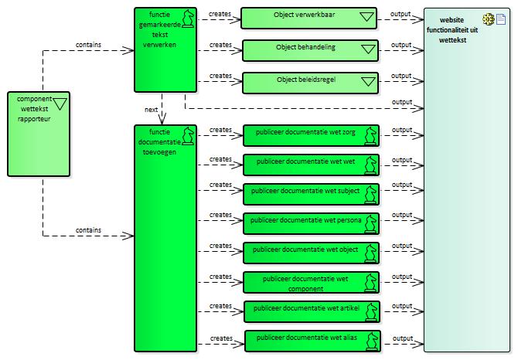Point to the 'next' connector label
pos(152,110)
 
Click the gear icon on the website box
pos(488,19)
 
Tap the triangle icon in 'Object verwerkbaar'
pos(366,18)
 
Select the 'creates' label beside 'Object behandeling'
pos(220,45)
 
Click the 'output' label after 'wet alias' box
pos(402,338)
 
